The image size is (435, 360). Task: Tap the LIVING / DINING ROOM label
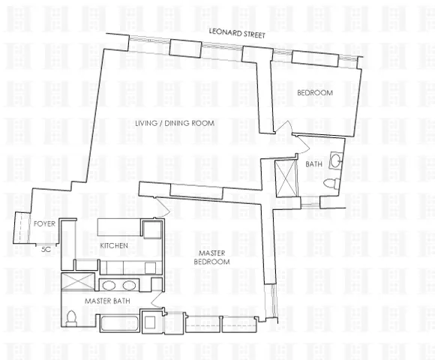pos(175,123)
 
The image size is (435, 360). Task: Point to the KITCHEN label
pos(114,246)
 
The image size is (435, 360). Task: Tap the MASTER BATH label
pos(103,301)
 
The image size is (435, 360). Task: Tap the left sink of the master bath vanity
pos(109,286)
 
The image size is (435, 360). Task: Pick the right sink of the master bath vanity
pos(129,286)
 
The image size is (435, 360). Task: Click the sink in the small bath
pos(334,160)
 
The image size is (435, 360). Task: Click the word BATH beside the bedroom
pos(313,164)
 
